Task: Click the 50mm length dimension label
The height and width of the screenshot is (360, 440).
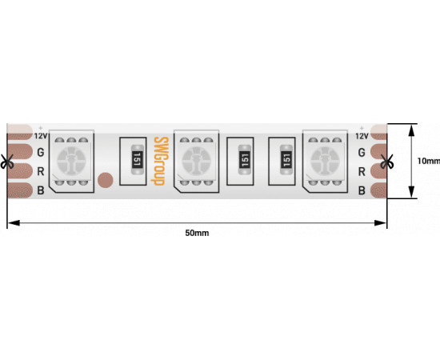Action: [197, 233]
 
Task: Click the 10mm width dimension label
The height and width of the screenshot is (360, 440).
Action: [429, 161]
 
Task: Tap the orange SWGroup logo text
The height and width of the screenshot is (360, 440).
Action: [161, 161]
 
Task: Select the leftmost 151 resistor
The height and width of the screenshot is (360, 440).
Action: [138, 159]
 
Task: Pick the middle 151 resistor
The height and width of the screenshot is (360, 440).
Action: [245, 160]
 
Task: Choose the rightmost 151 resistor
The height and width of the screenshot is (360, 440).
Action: [286, 160]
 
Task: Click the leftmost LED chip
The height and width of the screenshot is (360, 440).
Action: [71, 162]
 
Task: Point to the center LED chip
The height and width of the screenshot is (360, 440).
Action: [197, 162]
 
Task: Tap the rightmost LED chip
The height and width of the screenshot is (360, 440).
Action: [325, 162]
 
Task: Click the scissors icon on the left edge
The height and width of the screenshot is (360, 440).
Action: [6, 162]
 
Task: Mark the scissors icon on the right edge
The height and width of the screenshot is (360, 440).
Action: [386, 162]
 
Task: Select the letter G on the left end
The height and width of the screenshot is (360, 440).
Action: [41, 152]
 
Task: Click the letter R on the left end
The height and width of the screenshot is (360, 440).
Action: [41, 171]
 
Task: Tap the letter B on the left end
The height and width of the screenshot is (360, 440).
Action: [41, 190]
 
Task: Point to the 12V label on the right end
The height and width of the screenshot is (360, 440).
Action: [362, 136]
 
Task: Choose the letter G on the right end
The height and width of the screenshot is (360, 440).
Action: [362, 153]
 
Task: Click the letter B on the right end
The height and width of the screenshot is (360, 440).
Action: [362, 190]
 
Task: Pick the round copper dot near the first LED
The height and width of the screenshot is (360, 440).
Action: [106, 180]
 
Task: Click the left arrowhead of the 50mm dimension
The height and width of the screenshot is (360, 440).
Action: [14, 222]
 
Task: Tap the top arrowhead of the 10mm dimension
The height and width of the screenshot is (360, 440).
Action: [411, 130]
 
